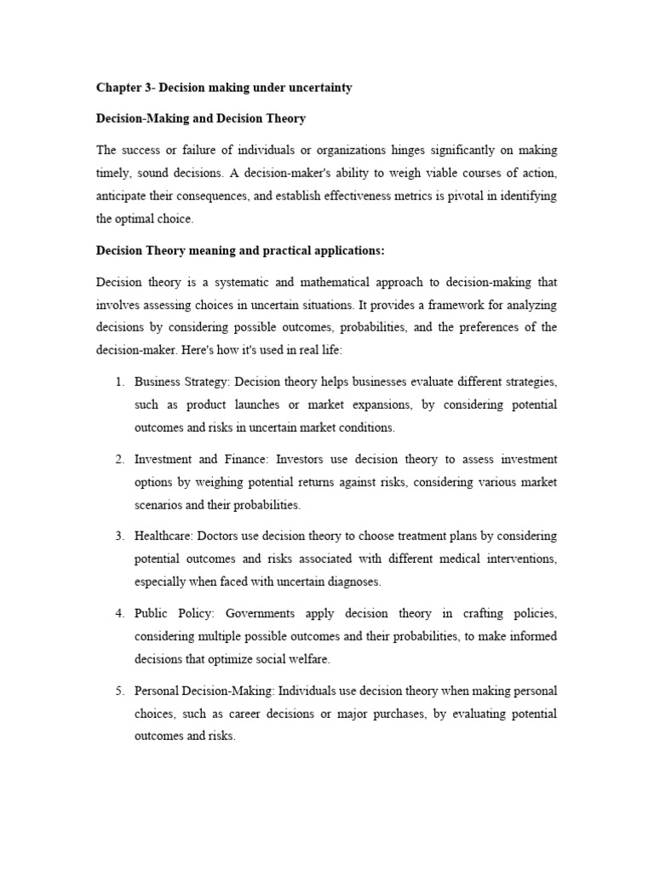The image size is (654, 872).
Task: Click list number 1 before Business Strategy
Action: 119,382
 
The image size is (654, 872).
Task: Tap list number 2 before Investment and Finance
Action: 119,459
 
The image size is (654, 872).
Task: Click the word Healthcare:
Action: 164,536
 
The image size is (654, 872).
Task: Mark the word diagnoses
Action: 353,582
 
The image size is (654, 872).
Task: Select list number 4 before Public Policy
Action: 119,613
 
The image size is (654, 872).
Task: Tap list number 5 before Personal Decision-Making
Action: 119,691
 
